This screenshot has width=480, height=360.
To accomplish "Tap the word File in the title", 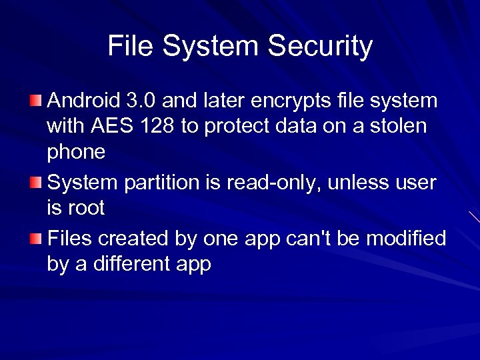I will click(x=131, y=47).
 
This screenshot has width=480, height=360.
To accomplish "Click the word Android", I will click(x=83, y=101).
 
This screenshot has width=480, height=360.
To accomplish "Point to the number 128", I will click(x=157, y=127).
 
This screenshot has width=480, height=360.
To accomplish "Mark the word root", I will click(x=86, y=209).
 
